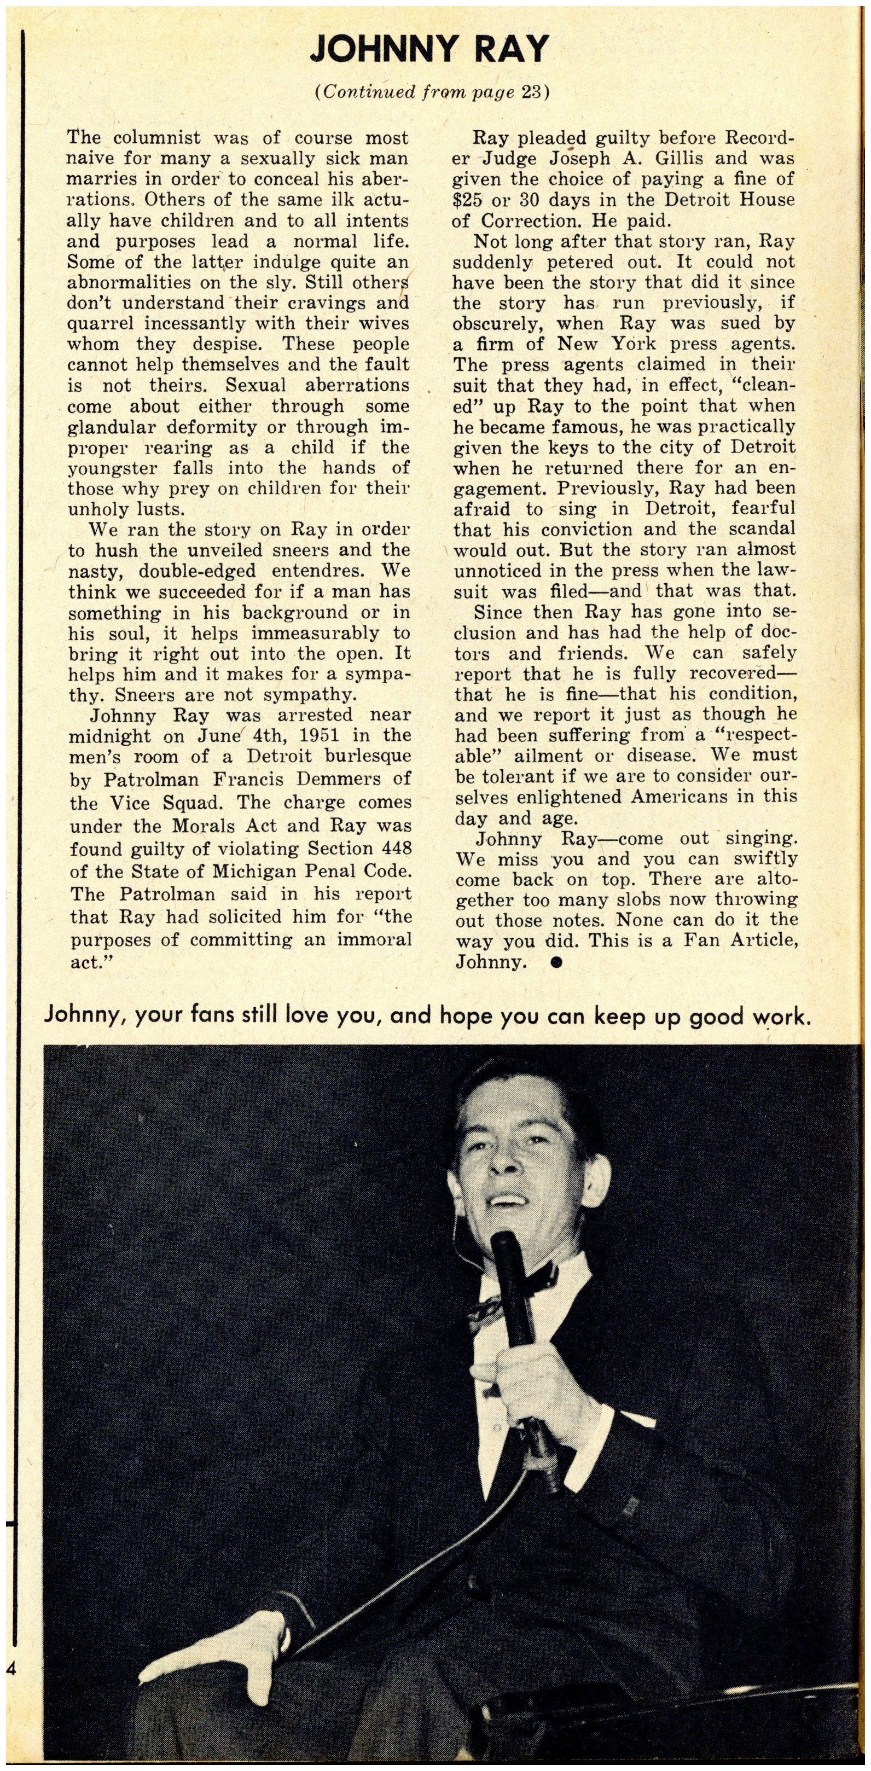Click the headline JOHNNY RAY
[429, 48]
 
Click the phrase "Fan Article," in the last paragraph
[736, 940]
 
